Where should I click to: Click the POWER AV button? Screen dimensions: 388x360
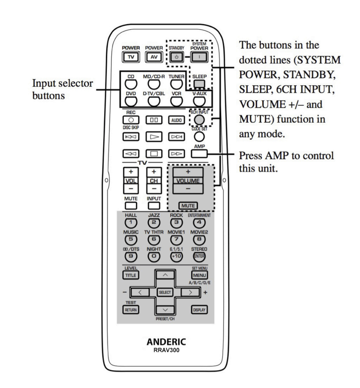pos(154,57)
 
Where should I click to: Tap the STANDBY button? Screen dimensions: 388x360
pos(176,57)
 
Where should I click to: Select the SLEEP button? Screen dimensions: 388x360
pos(199,84)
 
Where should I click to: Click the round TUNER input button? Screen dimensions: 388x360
pos(176,84)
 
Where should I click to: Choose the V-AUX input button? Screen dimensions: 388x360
pos(199,101)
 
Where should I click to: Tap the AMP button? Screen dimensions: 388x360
pos(199,154)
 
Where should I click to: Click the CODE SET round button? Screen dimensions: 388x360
pos(199,136)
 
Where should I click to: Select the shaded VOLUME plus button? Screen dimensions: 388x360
pos(188,172)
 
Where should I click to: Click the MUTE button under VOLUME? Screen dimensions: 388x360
pos(188,206)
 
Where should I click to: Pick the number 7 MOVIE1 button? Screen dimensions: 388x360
pos(176,239)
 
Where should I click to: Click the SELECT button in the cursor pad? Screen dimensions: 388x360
pos(165,292)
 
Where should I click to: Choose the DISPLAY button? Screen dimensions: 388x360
pos(199,310)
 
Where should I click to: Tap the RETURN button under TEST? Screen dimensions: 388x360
pos(131,310)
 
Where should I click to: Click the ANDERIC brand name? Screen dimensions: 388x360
pos(166,342)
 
